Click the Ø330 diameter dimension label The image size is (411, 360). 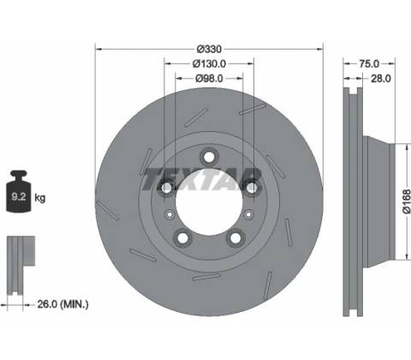pos(209,49)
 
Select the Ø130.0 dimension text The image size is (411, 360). pos(209,63)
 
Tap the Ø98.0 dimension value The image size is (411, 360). pos(209,78)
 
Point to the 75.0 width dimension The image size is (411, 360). pos(369,63)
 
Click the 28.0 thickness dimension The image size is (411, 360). pos(381,78)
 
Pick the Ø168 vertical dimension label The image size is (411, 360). pos(406,201)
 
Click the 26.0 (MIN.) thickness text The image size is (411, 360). pos(63,304)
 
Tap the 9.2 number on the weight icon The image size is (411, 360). pos(19,196)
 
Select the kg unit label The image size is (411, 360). pos(39,197)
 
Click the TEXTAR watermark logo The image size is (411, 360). pos(201,179)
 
